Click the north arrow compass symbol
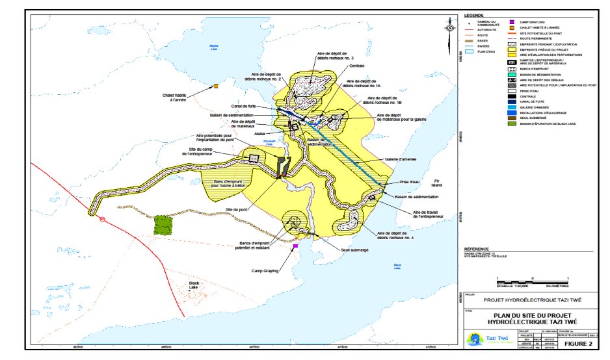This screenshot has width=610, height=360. coord(449,28)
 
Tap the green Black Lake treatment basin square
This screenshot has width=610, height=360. coord(164,224)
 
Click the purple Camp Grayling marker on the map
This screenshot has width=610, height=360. coord(295,246)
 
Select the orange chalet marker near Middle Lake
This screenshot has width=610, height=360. coord(215,86)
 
